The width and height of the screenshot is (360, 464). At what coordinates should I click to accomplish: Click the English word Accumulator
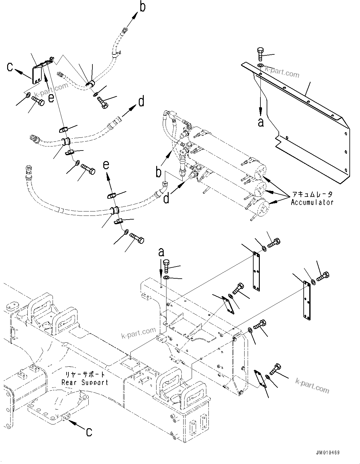312,202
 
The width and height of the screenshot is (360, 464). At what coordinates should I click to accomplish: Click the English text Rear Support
85,382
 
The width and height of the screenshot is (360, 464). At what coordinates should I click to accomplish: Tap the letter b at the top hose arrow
142,7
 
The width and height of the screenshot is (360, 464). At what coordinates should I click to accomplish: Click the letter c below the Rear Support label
89,432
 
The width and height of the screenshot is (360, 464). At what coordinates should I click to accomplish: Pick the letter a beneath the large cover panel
261,122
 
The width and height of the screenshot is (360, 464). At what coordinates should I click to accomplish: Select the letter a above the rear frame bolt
161,252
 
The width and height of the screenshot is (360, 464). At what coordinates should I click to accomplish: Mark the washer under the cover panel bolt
260,65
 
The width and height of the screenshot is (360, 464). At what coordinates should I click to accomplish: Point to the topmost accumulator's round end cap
261,171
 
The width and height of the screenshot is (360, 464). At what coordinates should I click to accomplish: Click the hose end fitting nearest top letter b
125,30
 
